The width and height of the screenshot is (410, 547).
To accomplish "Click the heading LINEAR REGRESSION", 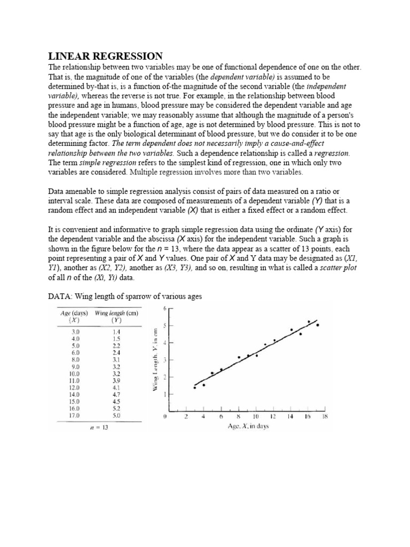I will tap(105, 56).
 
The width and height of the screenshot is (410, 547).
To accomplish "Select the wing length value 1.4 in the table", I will tap(116, 332).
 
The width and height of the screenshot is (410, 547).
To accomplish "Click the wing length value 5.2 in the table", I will tap(116, 408).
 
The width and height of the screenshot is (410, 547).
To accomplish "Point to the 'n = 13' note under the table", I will tap(99, 427).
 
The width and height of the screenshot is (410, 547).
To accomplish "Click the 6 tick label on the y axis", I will tap(165, 308).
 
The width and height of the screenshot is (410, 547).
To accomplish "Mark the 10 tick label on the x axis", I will tap(256, 416).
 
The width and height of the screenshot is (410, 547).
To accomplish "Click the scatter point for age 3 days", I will tap(194, 387).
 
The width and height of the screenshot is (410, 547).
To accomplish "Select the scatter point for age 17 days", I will tap(318, 325).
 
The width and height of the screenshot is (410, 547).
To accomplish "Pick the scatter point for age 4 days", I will tap(203, 385).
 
